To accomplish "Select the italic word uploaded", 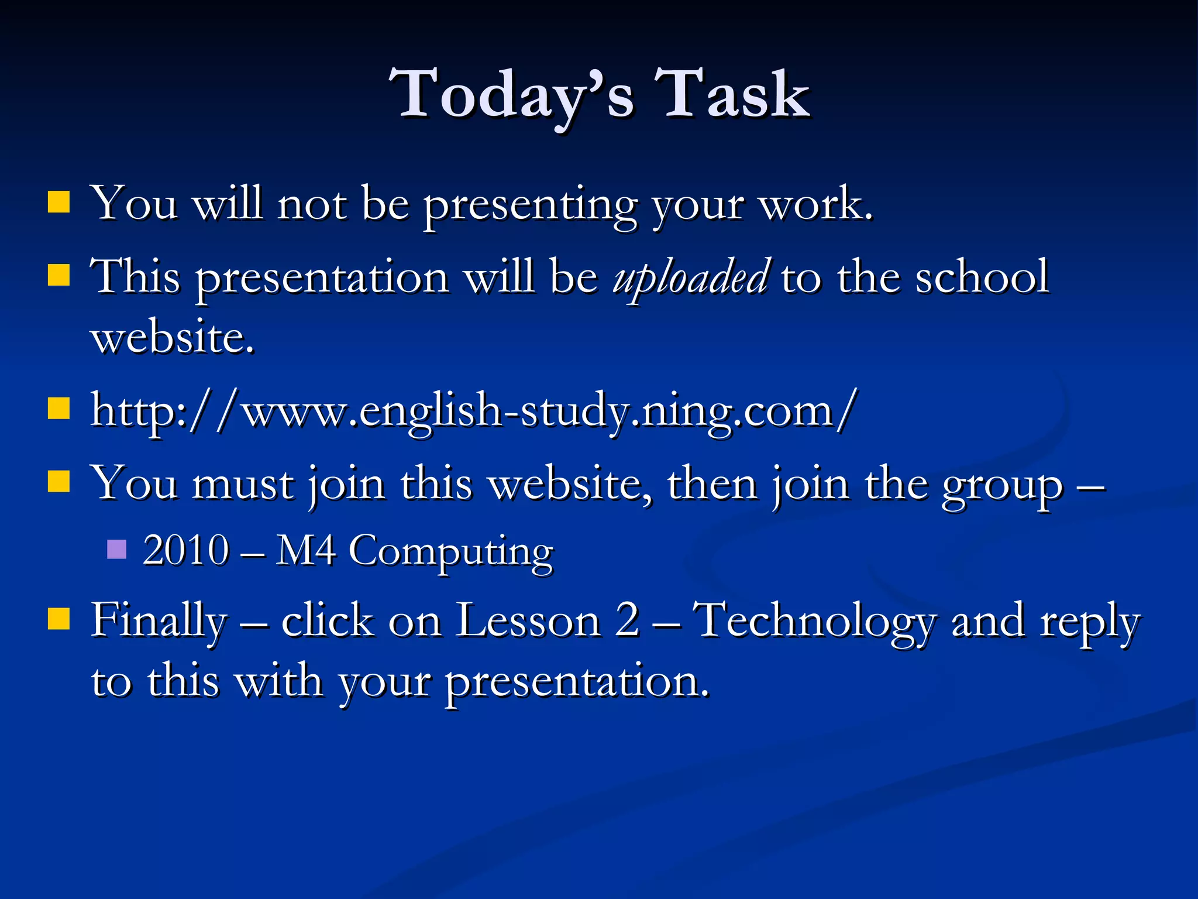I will coord(690,277).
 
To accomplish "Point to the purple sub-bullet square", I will coord(117,550).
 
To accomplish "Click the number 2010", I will coord(186,550).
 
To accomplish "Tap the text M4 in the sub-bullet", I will coord(305,550).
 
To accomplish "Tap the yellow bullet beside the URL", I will coord(58,409).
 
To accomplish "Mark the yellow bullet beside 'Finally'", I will coord(58,618).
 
